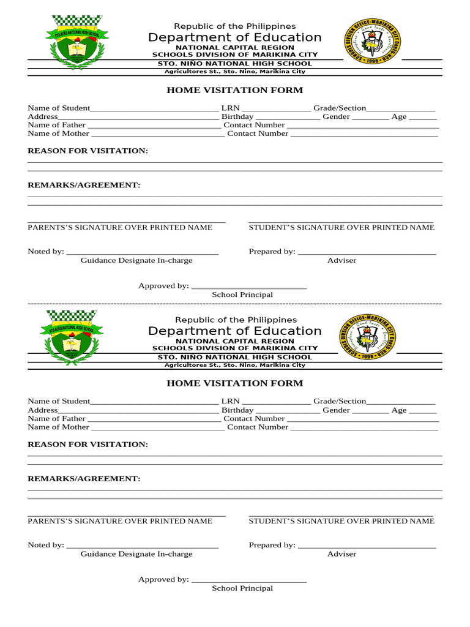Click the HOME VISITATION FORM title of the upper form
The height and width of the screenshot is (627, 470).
(x=235, y=90)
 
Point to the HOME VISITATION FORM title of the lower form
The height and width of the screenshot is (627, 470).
(x=235, y=383)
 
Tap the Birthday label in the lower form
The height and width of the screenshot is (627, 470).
(x=237, y=410)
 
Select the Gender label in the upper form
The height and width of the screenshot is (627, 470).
(x=336, y=116)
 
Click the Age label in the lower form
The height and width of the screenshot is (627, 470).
(x=399, y=410)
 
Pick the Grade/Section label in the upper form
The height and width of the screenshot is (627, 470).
(x=340, y=108)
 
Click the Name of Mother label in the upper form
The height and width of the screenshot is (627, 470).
(x=58, y=133)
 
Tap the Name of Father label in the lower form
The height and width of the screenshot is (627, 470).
(x=57, y=419)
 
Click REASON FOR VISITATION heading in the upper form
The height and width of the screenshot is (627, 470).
(x=88, y=151)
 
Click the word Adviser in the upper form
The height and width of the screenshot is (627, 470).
(x=341, y=260)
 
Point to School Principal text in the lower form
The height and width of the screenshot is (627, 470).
(x=242, y=588)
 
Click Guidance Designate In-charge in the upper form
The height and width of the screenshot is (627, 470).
(x=136, y=260)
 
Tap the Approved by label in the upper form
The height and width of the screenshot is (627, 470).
(x=163, y=286)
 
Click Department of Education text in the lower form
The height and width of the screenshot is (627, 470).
(x=234, y=331)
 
